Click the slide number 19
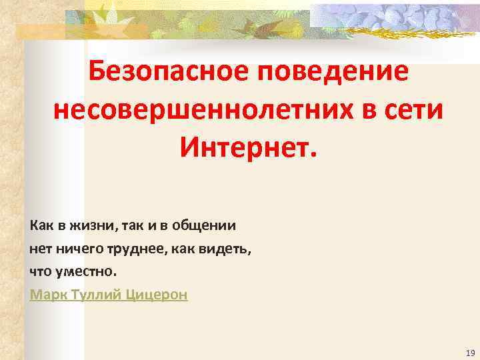coord(470,352)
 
